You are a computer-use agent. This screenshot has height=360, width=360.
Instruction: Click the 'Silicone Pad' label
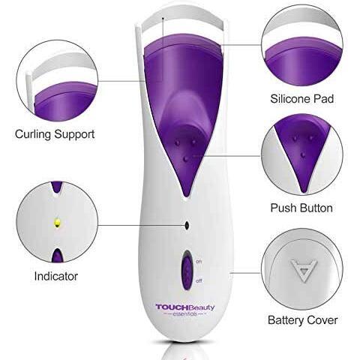tap(301, 99)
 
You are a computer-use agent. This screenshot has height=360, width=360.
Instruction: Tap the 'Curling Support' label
tap(55, 134)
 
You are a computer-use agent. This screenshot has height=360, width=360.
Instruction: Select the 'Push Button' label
tap(301, 208)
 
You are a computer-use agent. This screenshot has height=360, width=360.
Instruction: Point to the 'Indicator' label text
tap(56, 276)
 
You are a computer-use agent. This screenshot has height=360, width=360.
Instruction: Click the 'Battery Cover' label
tap(302, 320)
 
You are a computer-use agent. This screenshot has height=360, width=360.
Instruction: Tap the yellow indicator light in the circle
tap(58, 222)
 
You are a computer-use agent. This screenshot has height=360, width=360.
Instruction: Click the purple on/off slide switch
tap(187, 270)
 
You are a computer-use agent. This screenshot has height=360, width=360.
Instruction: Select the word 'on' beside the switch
tap(199, 262)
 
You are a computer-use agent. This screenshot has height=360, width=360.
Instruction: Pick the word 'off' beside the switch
tap(199, 281)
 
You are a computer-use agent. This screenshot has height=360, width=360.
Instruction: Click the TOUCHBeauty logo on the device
tap(185, 307)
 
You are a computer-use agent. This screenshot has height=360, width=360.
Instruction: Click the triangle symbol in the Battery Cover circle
tap(304, 270)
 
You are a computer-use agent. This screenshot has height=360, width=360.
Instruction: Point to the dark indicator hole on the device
tap(187, 226)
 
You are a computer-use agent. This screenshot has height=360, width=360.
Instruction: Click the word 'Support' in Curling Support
tap(74, 134)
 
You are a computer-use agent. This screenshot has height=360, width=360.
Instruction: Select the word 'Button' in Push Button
tap(316, 208)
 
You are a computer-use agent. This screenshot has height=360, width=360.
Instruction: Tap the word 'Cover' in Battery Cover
tap(322, 320)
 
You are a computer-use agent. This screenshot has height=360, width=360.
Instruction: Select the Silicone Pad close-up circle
tap(302, 45)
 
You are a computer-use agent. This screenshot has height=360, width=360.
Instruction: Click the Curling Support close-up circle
tap(57, 80)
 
